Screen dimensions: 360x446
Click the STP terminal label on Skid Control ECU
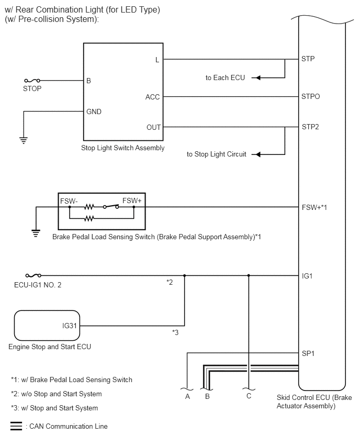(308, 59)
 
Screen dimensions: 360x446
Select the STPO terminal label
(310, 97)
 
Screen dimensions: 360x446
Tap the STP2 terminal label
(310, 127)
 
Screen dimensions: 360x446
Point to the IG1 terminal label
(307, 276)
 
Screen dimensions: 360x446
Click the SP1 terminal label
(308, 353)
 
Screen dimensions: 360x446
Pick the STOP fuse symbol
(32, 81)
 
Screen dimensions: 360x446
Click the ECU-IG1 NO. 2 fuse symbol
(33, 275)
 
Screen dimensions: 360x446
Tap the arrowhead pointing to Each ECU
(256, 77)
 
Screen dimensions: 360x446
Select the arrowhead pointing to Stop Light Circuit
(256, 154)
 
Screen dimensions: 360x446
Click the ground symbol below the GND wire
(24, 140)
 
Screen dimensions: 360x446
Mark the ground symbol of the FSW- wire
(36, 233)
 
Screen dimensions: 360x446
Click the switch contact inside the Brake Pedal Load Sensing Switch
(111, 206)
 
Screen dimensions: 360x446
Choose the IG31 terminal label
(70, 326)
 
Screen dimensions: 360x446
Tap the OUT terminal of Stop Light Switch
(153, 127)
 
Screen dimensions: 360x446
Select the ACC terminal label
(152, 97)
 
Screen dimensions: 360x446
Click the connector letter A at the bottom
(187, 396)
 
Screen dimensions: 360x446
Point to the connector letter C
(249, 396)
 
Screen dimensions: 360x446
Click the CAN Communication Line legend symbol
(16, 426)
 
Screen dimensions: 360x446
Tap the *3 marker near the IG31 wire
(175, 332)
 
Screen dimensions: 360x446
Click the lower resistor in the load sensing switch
(89, 218)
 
